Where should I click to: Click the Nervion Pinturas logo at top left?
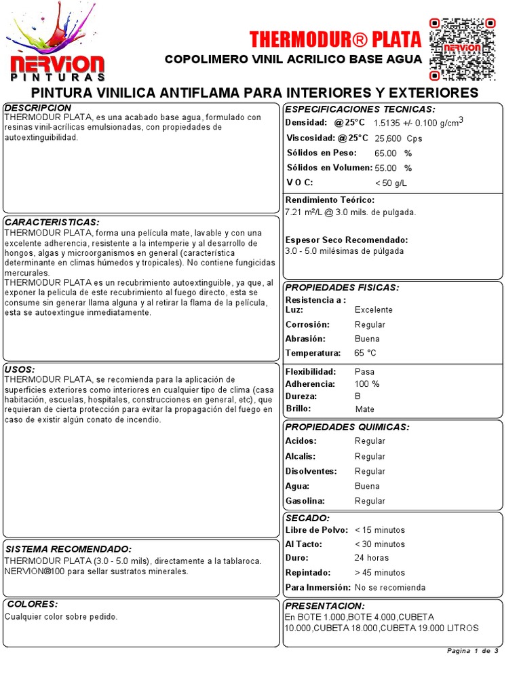[x=56, y=48]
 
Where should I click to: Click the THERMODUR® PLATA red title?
[x=335, y=39]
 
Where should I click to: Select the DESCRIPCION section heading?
[x=38, y=108]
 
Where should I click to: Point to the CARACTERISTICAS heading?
[x=52, y=222]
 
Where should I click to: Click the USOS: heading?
[x=20, y=369]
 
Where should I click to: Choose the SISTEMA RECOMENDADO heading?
[x=68, y=548]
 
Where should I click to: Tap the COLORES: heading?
[x=31, y=603]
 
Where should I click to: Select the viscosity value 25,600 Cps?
[x=398, y=138]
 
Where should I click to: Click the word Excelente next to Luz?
[x=374, y=309]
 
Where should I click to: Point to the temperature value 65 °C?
[x=365, y=353]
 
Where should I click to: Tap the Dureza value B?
[x=358, y=396]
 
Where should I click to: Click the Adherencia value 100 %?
[x=367, y=384]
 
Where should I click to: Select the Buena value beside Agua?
[x=367, y=486]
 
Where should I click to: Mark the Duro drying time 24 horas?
[x=372, y=558]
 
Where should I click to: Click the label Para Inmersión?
[x=317, y=587]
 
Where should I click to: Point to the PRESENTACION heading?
[x=325, y=605]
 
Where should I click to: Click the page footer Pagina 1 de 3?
[x=473, y=651]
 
